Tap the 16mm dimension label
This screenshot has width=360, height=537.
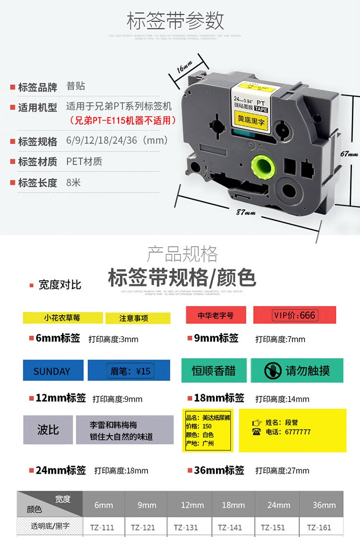(185, 68)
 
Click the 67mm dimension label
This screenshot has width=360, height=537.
(349, 155)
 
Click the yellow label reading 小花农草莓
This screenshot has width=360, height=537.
(63, 317)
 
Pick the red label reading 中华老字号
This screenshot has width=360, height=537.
(216, 315)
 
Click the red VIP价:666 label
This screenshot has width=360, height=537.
(294, 315)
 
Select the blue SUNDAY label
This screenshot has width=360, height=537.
(52, 371)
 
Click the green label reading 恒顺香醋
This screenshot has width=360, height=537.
(214, 370)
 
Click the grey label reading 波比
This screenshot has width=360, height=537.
(48, 429)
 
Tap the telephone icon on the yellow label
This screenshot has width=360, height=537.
(256, 432)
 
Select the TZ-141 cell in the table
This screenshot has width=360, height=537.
(232, 527)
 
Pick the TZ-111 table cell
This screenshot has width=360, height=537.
(102, 527)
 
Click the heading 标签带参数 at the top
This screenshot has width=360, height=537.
(175, 22)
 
